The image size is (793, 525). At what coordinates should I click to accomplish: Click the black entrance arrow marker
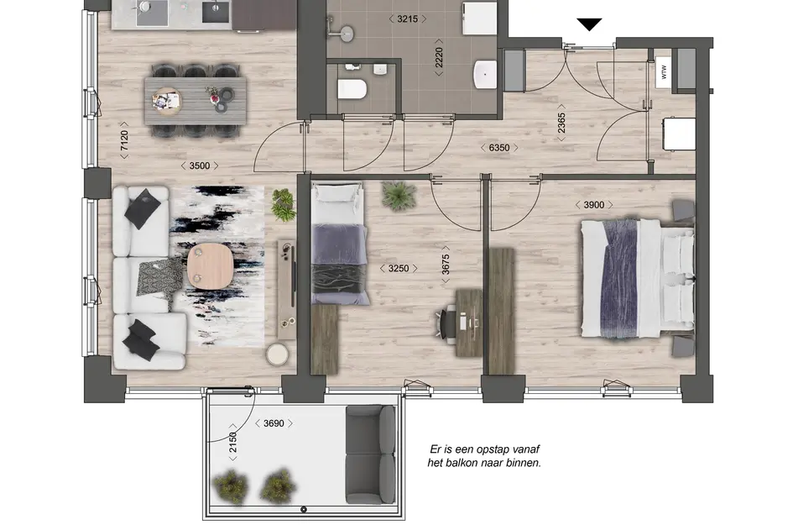590,24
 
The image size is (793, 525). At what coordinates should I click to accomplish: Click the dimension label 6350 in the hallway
499,148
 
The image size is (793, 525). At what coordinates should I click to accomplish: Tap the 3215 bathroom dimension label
405,18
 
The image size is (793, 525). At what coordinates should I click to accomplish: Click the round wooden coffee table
207,265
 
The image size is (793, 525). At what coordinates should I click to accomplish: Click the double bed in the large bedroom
638,275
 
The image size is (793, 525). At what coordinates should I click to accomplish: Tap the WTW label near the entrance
663,72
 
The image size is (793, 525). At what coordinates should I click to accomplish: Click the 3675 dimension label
447,270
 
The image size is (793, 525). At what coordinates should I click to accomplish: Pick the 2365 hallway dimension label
561,123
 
